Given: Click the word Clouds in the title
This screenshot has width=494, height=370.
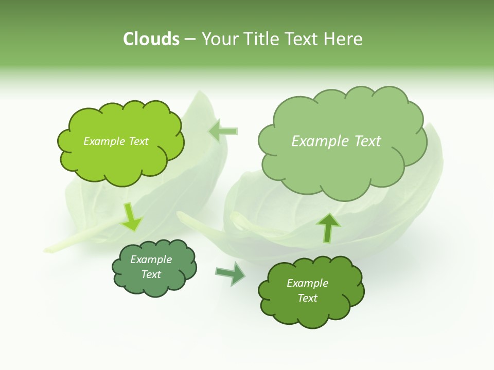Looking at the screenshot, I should point(151,39).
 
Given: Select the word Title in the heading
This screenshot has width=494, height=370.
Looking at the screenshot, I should point(264,39).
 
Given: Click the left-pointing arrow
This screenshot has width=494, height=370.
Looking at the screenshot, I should point(223,131).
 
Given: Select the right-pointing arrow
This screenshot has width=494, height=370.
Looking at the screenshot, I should point(231,273).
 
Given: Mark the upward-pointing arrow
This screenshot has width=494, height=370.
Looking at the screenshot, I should point(328,227).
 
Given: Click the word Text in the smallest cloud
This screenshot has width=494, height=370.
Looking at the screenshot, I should point(151,274).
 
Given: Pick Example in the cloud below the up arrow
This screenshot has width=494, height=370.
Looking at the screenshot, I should point(307,283).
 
